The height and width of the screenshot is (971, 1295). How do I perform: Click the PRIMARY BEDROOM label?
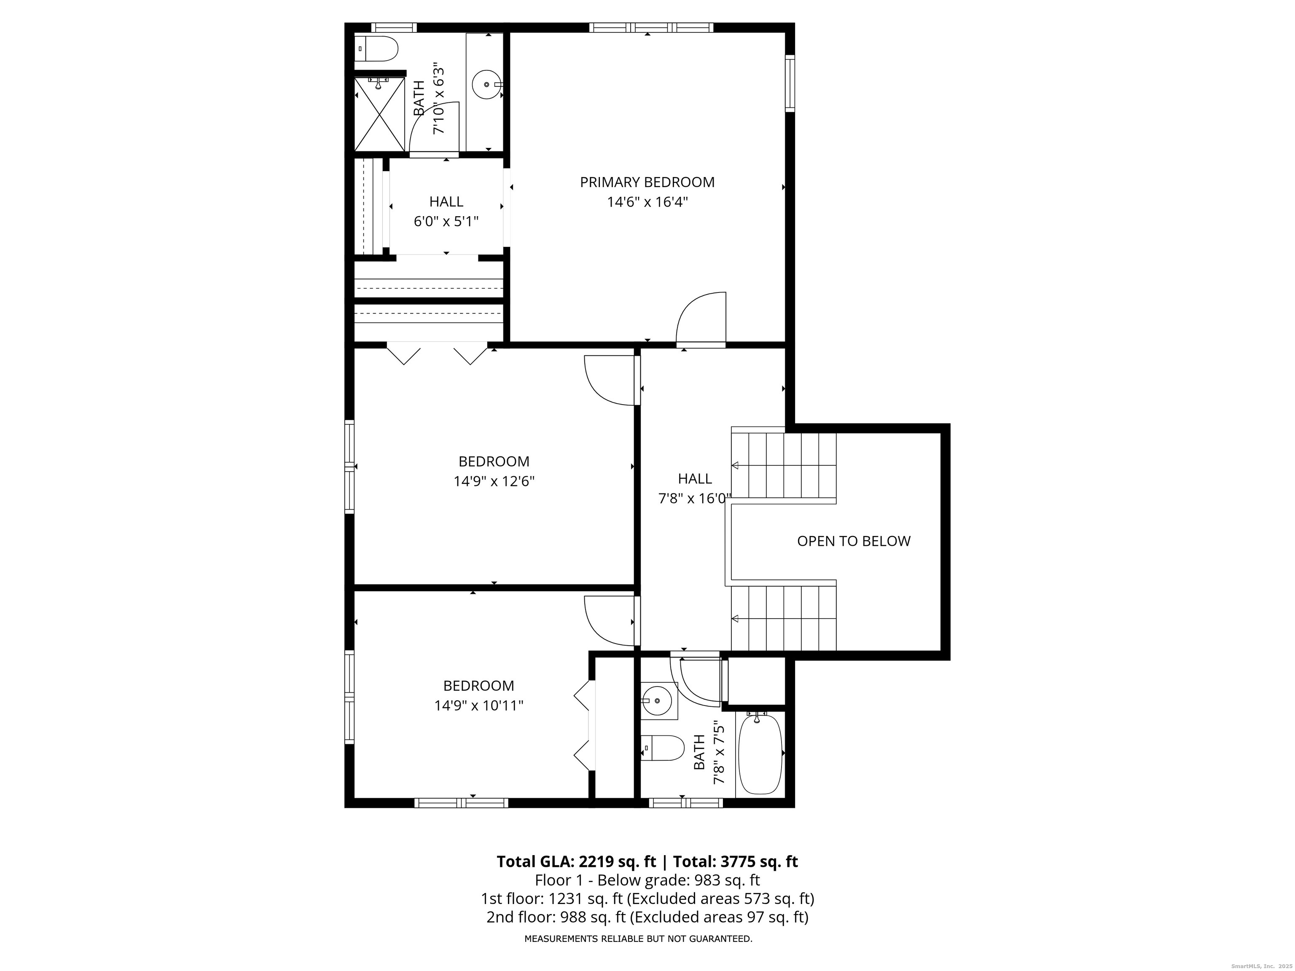647,182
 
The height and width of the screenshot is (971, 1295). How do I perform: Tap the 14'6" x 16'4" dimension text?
647,202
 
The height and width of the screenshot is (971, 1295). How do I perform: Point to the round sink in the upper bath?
486,84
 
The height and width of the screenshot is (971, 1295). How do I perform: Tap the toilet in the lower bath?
663,748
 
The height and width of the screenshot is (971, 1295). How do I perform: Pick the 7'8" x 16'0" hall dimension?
695,499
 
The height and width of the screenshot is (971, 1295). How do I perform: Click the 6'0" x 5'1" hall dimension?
446,222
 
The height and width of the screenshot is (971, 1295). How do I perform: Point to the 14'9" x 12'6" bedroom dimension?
494,481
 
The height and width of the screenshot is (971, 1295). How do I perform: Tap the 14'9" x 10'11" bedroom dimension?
478,705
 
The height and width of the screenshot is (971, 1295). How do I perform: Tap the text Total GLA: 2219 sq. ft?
576,861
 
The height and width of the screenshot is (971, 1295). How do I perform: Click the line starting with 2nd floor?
647,917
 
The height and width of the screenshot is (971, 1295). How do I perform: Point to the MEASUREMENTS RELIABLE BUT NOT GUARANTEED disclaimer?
638,939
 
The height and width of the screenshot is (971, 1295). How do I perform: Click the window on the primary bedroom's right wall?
790,83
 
